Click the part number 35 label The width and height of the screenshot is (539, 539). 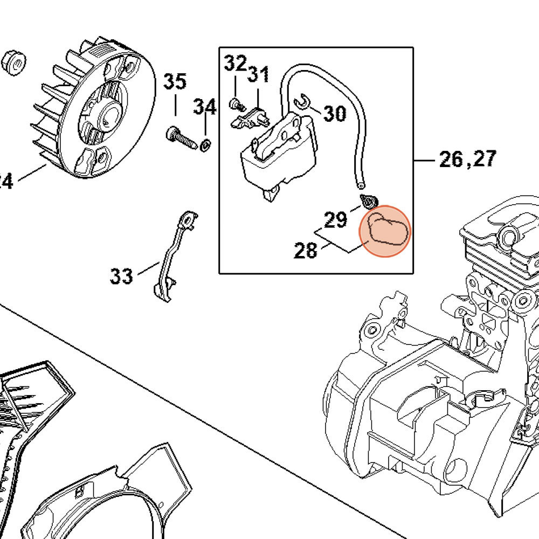coord(175,82)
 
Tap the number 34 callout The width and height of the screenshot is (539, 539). coord(205,106)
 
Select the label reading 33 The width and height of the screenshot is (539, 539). coord(121,275)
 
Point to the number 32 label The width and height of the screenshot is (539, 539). coord(236,63)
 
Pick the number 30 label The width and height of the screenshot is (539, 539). coord(335,113)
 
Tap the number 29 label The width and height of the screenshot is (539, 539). coord(335,220)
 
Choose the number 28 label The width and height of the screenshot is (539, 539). coord(306,250)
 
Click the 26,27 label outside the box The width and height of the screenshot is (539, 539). coord(468,159)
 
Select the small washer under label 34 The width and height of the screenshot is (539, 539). coord(205,146)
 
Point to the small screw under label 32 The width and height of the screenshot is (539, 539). coord(237,104)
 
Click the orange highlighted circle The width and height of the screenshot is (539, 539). coord(385,231)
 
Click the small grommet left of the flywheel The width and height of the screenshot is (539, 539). coord(14,64)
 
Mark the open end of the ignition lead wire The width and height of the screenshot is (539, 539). coord(361,186)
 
